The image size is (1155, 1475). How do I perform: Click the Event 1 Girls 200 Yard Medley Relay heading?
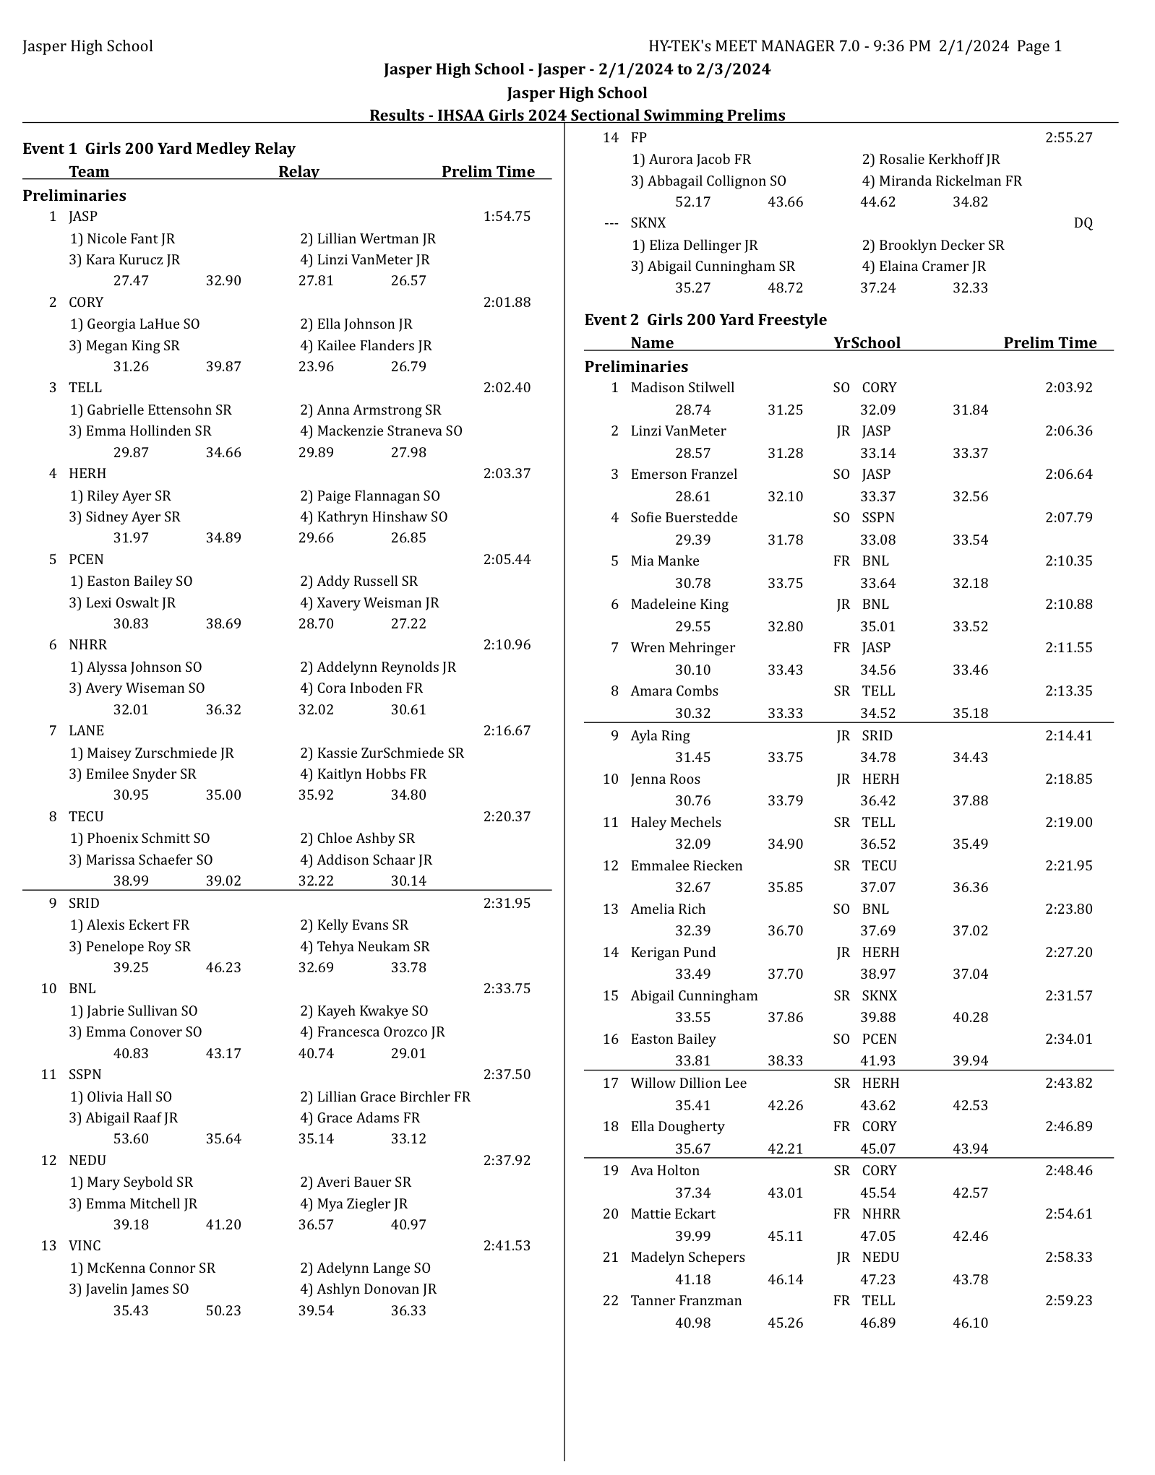(x=159, y=149)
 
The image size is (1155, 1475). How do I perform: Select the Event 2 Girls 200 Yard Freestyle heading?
(x=705, y=320)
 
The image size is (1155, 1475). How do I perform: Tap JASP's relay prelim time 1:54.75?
(x=507, y=217)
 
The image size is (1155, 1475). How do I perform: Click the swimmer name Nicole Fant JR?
(x=123, y=239)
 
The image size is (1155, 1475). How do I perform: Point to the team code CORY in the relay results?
(x=86, y=303)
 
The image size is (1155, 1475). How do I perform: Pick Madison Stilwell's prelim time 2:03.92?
(x=1068, y=388)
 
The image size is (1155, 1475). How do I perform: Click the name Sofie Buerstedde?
(x=684, y=518)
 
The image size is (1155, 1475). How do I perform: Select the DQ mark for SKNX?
(x=1083, y=223)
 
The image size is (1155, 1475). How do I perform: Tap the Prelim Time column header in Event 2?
(x=1049, y=343)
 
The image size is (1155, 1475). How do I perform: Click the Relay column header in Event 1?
(x=299, y=172)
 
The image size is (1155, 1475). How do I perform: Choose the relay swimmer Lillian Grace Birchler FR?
(x=385, y=1096)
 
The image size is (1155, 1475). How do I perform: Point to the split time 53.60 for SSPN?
(x=131, y=1139)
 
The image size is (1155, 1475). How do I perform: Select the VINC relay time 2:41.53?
(x=507, y=1246)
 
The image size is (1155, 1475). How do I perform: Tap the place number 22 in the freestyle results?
(x=611, y=1301)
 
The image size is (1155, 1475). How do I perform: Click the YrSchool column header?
(x=867, y=343)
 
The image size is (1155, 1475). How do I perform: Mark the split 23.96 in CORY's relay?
(x=316, y=367)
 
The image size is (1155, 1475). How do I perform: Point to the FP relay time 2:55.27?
(x=1068, y=138)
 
